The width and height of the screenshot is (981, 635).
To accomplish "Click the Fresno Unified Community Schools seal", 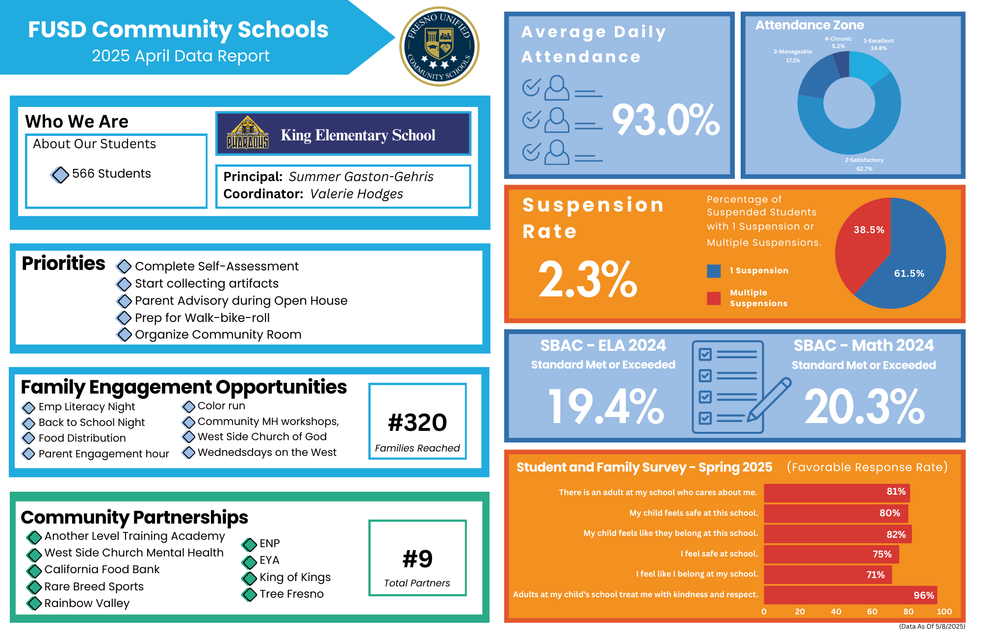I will pyautogui.click(x=439, y=47).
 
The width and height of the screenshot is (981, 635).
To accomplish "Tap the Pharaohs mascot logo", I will pyautogui.click(x=248, y=133).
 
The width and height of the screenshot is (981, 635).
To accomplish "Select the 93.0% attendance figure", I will pyautogui.click(x=666, y=120).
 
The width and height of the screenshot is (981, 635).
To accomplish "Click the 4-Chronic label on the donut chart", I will pyautogui.click(x=838, y=39).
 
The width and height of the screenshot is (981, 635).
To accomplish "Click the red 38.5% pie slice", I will pyautogui.click(x=863, y=240).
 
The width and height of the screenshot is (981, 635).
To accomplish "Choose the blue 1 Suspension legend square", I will pyautogui.click(x=714, y=271).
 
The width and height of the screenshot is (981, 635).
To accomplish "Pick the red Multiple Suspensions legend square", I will pyautogui.click(x=714, y=298).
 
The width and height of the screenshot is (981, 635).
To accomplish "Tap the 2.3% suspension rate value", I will pyautogui.click(x=587, y=280).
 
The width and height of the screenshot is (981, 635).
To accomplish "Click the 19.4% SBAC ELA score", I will pyautogui.click(x=606, y=406).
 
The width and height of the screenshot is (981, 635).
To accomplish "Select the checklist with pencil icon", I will pyautogui.click(x=736, y=387).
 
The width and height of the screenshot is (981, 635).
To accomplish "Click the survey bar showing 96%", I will pyautogui.click(x=850, y=595).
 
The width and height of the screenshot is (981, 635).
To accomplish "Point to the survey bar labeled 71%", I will pyautogui.click(x=827, y=575).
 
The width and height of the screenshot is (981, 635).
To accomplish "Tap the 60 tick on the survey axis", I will pyautogui.click(x=872, y=611).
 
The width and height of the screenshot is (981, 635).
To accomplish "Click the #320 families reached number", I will pyautogui.click(x=417, y=423).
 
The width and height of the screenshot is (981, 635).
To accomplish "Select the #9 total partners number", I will pyautogui.click(x=417, y=559).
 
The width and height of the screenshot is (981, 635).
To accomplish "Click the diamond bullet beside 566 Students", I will pyautogui.click(x=60, y=174).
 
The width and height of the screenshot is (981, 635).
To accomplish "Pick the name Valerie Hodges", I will pyautogui.click(x=357, y=194).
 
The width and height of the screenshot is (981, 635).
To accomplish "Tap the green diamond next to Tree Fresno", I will pyautogui.click(x=250, y=595).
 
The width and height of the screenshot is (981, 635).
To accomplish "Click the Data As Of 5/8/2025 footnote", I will pyautogui.click(x=931, y=626).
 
